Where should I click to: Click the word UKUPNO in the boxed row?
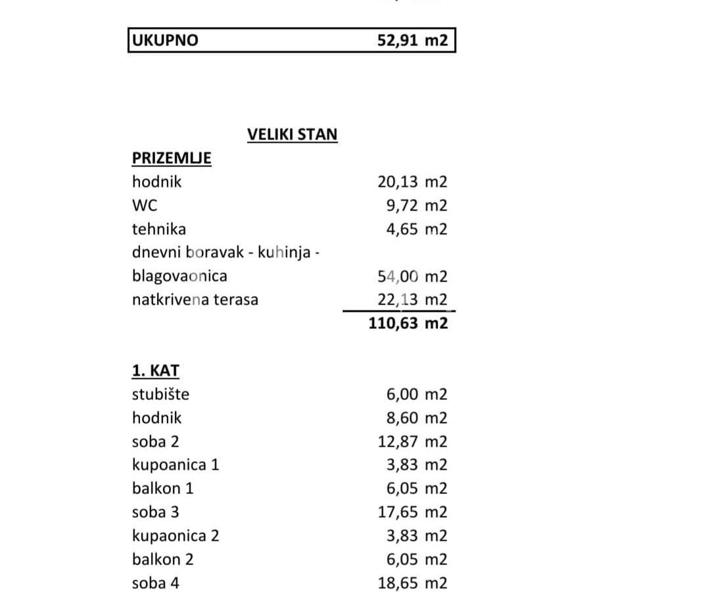pos(165,40)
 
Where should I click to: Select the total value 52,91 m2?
pos(412,40)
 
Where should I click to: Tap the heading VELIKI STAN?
pos(292,135)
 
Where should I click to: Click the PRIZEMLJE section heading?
pos(172,159)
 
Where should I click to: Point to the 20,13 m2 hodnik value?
pos(412,182)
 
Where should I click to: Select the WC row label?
pos(145,206)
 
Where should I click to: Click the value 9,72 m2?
pos(416,206)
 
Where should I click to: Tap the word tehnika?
pos(159,230)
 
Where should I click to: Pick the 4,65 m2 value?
pos(416,230)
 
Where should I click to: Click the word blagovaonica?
pos(179,276)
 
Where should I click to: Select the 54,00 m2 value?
pos(412,276)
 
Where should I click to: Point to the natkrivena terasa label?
pos(195,300)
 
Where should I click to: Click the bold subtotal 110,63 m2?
pos(408,323)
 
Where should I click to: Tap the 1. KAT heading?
pos(155,371)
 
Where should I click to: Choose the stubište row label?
pos(160,395)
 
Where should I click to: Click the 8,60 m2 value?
pos(416,418)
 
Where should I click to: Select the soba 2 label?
pos(155,441)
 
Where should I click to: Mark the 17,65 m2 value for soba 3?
pos(412,512)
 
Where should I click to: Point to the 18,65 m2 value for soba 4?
pos(412,583)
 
